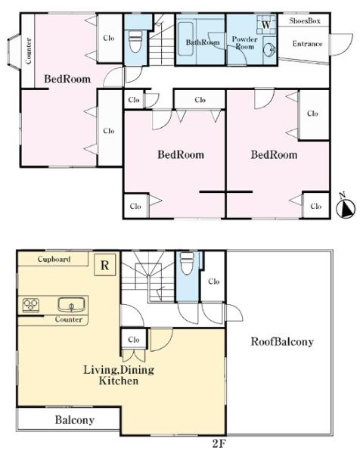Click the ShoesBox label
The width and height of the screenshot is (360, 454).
click(305, 21)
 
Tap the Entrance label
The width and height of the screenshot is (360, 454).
click(307, 44)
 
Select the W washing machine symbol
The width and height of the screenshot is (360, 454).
click(266, 25)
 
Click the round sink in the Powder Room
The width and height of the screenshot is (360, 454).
click(269, 50)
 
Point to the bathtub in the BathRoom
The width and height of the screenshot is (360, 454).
click(185, 39)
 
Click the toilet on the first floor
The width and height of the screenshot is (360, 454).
click(135, 42)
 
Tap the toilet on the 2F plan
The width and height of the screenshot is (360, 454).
click(188, 263)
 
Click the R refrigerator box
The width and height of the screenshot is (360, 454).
click(105, 265)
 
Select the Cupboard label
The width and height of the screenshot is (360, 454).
click(54, 259)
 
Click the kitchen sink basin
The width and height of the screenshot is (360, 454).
click(72, 305)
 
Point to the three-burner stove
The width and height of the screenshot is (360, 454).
click(31, 305)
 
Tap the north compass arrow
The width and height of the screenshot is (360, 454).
click(346, 208)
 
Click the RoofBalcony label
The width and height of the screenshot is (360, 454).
click(282, 342)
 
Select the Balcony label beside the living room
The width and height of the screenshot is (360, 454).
click(75, 420)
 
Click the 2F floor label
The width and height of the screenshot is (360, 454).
click(219, 444)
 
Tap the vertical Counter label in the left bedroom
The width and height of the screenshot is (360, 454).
click(28, 51)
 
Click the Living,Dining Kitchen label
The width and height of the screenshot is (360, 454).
click(119, 375)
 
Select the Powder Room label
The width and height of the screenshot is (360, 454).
click(244, 42)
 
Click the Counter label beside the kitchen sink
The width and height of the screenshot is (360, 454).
click(69, 319)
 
